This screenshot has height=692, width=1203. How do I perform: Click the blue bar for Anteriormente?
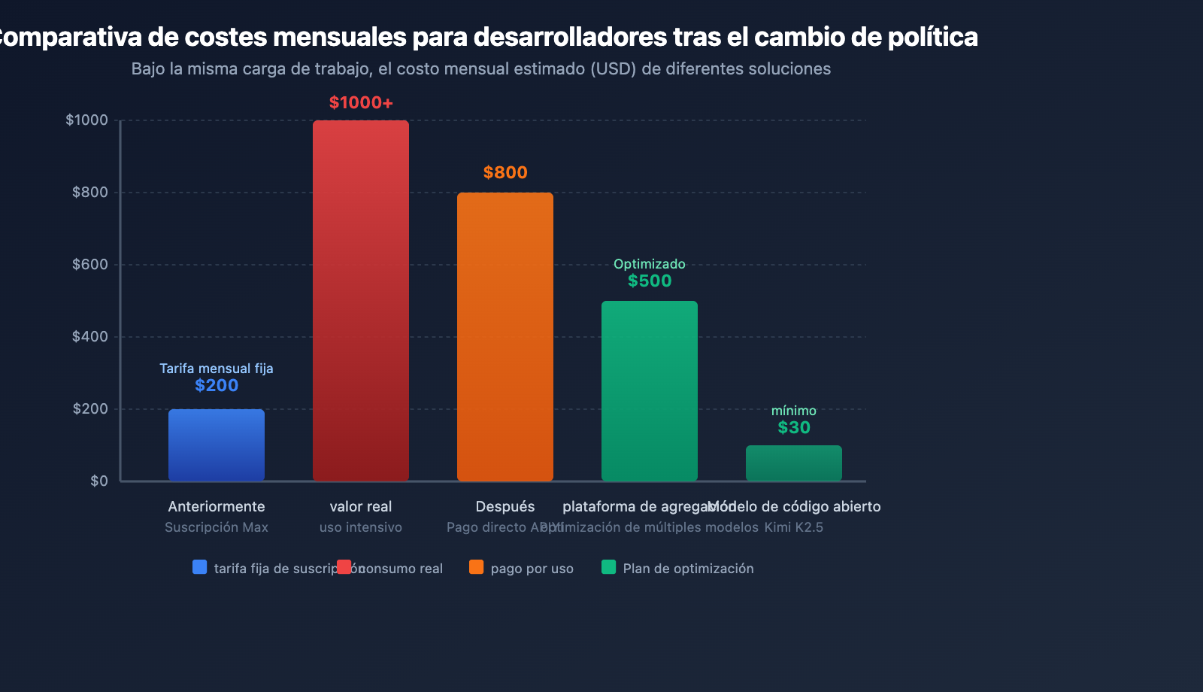click(217, 445)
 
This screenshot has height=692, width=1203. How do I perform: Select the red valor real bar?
click(361, 301)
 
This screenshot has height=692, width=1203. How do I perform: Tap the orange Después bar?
click(505, 337)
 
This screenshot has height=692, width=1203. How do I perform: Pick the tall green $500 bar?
click(650, 391)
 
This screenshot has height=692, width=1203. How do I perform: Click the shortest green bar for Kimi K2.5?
click(794, 463)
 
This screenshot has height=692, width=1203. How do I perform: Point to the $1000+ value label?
click(361, 103)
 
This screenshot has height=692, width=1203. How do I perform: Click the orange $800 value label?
click(505, 173)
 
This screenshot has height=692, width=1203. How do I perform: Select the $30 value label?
click(794, 428)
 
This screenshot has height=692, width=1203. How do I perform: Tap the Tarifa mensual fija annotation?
click(217, 369)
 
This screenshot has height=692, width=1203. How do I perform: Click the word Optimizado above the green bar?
click(650, 264)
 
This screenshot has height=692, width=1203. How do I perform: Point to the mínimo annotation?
click(794, 411)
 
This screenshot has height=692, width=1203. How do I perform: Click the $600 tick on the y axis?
click(90, 265)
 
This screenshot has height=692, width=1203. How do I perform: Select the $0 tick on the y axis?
click(99, 481)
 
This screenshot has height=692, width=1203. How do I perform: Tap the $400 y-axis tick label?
click(90, 337)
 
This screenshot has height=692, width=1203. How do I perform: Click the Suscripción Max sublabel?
click(217, 527)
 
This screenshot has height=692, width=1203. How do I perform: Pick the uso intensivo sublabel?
click(361, 527)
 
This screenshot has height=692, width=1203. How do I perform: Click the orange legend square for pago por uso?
click(477, 567)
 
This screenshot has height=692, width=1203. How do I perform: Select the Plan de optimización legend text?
click(688, 569)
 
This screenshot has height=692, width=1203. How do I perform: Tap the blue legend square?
click(200, 567)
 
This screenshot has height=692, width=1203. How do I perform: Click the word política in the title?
click(932, 37)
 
